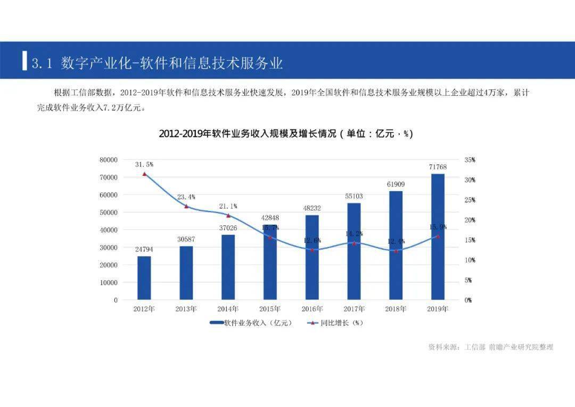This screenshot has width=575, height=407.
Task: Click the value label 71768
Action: (438, 167)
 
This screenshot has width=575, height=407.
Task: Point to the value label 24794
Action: (144, 249)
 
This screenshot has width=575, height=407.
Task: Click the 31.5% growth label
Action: (144, 165)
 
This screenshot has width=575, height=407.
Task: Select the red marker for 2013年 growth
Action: (186, 206)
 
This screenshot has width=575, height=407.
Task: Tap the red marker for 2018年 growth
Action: (396, 250)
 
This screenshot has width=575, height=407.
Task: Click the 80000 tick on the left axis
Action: (108, 160)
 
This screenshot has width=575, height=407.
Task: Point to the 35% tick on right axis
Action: (469, 160)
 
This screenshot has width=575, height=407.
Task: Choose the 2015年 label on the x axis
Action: (270, 309)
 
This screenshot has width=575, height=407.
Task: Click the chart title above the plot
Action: (286, 134)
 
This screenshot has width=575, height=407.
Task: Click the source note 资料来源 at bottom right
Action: (490, 347)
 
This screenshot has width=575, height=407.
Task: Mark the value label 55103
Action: (354, 197)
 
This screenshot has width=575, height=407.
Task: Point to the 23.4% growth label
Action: (186, 197)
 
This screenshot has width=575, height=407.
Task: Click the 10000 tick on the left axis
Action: (108, 283)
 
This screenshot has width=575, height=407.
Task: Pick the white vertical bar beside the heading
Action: (24, 60)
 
